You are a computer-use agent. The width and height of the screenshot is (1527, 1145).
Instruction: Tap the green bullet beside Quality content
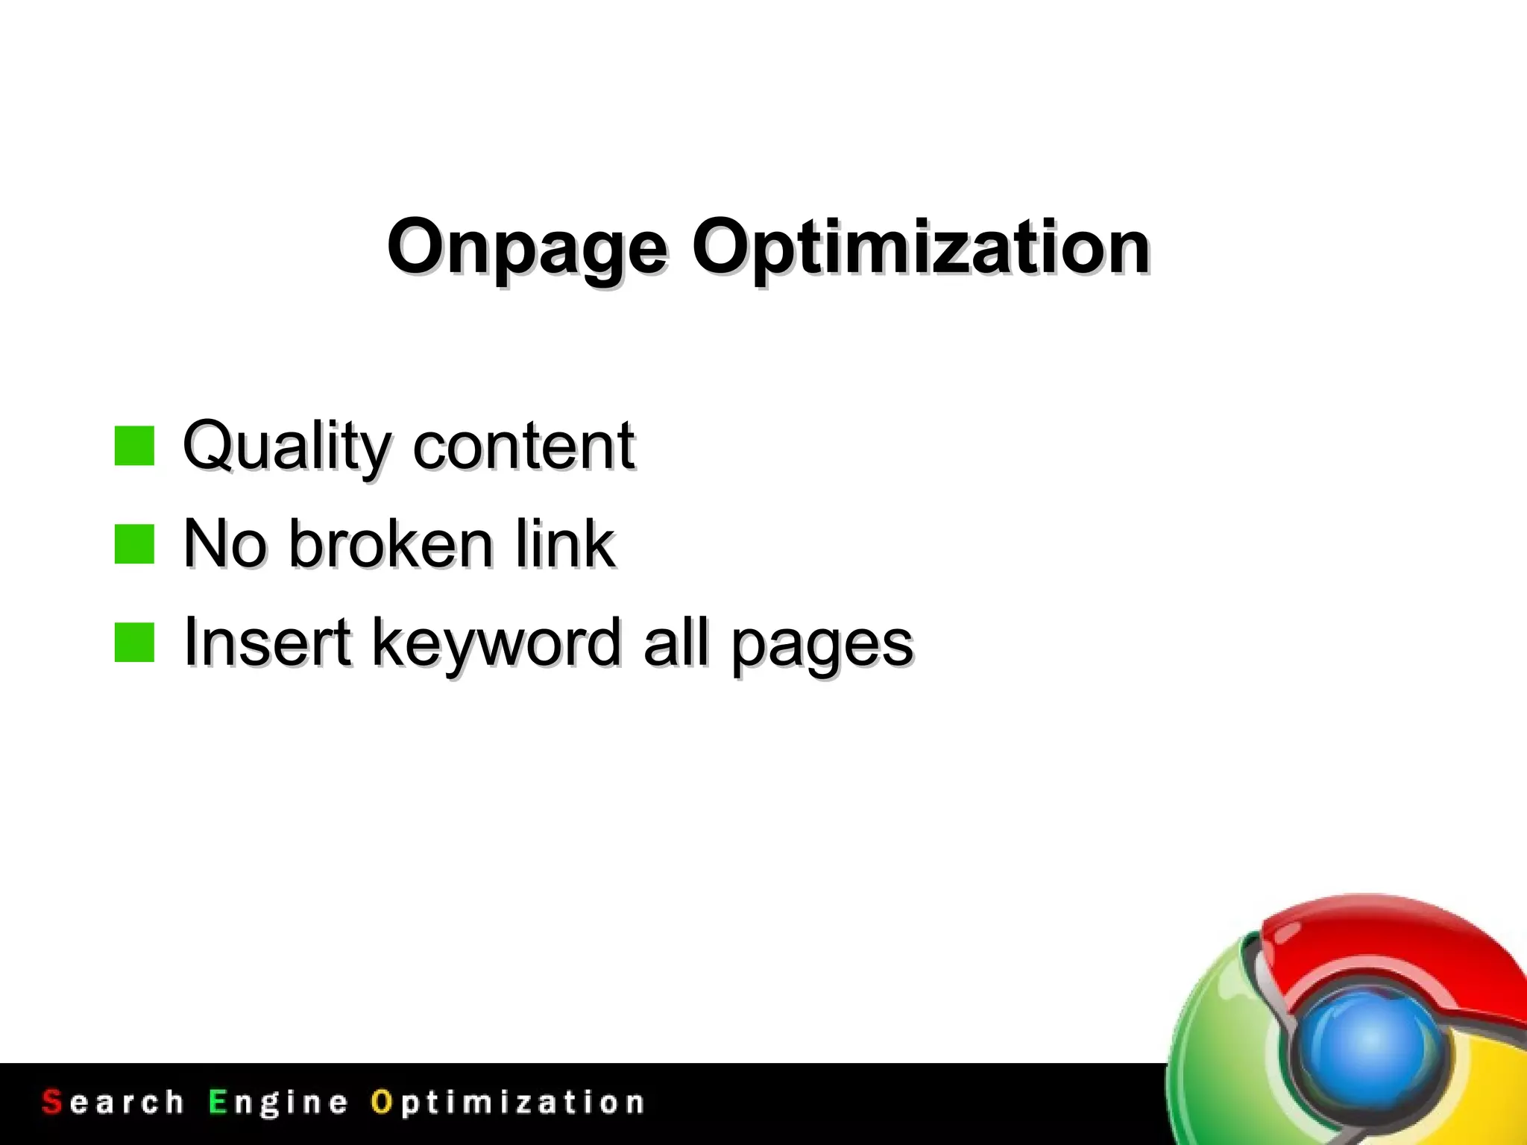click(134, 446)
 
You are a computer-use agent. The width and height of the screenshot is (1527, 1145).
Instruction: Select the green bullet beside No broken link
click(134, 544)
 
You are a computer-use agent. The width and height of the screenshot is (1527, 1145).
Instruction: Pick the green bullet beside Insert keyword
click(134, 643)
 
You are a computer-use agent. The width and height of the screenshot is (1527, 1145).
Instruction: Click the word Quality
click(286, 447)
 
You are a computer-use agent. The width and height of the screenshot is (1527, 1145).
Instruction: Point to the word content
click(523, 447)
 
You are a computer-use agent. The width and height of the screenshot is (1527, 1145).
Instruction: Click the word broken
click(391, 544)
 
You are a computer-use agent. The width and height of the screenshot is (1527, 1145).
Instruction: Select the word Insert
click(267, 643)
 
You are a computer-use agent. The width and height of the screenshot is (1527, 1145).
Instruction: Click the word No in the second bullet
click(224, 544)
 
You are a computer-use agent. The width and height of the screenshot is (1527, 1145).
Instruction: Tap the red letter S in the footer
click(51, 1102)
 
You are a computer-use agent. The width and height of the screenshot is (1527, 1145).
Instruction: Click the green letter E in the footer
click(217, 1102)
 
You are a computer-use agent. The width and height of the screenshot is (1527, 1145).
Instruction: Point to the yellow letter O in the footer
click(381, 1102)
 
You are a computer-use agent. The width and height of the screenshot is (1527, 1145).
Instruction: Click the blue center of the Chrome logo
click(1370, 1044)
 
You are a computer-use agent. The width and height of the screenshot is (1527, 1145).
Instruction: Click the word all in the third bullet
click(676, 643)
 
